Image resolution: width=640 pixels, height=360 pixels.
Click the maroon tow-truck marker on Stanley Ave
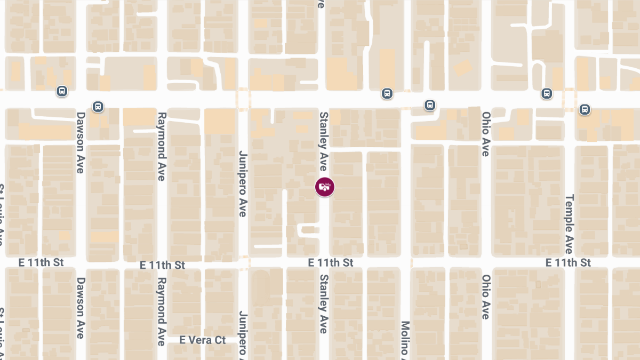tap(325, 187)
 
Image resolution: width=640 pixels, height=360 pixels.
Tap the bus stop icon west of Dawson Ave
tap(62, 92)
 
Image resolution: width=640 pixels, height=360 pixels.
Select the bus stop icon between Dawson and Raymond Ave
tap(98, 107)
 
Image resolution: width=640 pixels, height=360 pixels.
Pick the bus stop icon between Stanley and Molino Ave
tap(387, 94)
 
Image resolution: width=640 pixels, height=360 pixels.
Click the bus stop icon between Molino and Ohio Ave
tap(430, 105)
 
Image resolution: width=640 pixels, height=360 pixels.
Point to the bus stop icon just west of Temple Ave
tap(547, 94)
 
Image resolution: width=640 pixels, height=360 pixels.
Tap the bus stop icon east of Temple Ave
tap(585, 110)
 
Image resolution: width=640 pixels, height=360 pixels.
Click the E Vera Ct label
tap(203, 340)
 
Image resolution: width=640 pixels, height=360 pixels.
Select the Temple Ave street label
tap(569, 224)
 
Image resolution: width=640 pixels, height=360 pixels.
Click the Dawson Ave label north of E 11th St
tap(81, 142)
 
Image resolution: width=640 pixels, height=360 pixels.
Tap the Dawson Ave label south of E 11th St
tap(81, 308)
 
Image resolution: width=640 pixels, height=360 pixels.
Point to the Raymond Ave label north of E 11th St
tap(162, 146)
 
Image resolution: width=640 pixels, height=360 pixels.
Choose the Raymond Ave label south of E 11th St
tap(162, 311)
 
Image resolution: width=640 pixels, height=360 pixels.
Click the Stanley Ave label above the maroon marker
tap(323, 141)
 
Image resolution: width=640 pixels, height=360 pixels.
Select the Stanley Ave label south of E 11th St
tap(323, 304)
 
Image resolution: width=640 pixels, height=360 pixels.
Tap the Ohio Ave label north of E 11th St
tap(486, 134)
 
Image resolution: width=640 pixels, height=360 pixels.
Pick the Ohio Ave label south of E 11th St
tap(486, 297)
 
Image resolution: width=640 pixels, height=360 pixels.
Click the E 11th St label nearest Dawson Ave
tap(41, 262)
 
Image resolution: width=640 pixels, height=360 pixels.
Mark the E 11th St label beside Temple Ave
tap(569, 262)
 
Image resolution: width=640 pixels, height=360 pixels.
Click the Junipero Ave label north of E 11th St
tap(243, 183)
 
